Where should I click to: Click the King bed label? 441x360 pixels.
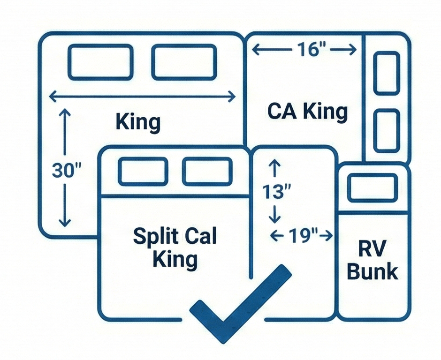[x=138, y=123]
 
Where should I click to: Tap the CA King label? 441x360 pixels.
[x=307, y=112]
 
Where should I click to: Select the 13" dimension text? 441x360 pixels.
[x=277, y=192]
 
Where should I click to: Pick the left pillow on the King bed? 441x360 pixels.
[x=100, y=62]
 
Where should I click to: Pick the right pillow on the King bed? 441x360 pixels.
[x=184, y=62]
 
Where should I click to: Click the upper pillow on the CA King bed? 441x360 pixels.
[x=387, y=73]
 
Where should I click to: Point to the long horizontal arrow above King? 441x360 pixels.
[x=142, y=97]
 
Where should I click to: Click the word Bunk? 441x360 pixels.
[x=373, y=271]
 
